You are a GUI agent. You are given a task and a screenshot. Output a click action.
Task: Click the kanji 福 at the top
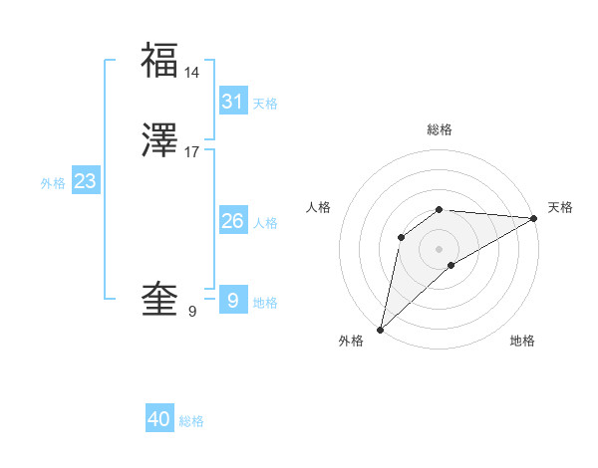click(159, 60)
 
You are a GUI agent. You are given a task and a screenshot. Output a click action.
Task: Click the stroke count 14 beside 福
click(192, 73)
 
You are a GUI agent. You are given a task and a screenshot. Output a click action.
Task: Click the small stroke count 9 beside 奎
click(192, 312)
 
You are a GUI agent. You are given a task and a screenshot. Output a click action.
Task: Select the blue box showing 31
click(232, 101)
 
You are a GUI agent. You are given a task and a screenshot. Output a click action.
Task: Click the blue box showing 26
click(232, 220)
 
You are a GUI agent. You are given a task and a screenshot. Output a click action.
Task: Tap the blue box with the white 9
click(232, 300)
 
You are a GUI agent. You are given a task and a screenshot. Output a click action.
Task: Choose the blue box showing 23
click(85, 181)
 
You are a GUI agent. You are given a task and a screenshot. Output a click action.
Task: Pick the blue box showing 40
click(159, 419)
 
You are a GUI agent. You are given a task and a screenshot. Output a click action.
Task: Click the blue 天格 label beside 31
click(265, 104)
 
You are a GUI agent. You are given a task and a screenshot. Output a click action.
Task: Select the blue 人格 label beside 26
click(265, 223)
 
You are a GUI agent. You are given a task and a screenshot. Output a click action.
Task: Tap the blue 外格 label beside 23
click(53, 183)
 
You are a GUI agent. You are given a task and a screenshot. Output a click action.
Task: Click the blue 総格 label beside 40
click(191, 422)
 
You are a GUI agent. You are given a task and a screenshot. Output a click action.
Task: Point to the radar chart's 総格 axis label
click(440, 129)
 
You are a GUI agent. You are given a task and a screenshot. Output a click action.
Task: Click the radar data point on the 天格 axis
click(533, 218)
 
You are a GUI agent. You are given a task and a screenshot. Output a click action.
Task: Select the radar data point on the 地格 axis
click(451, 265)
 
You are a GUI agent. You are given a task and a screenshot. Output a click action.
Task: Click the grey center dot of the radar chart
click(440, 248)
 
